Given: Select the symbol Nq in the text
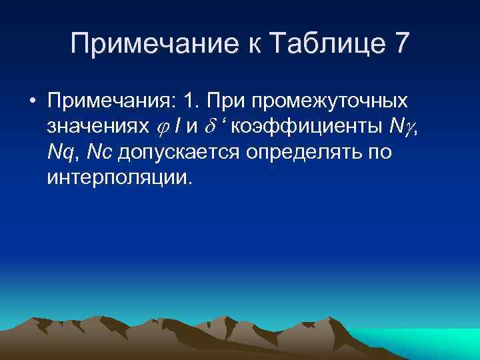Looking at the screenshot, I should pyautogui.click(x=61, y=153).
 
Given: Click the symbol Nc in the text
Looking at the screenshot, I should pyautogui.click(x=100, y=153).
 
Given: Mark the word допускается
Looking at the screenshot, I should pyautogui.click(x=180, y=153).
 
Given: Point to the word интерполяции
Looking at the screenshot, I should pyautogui.click(x=119, y=178).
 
